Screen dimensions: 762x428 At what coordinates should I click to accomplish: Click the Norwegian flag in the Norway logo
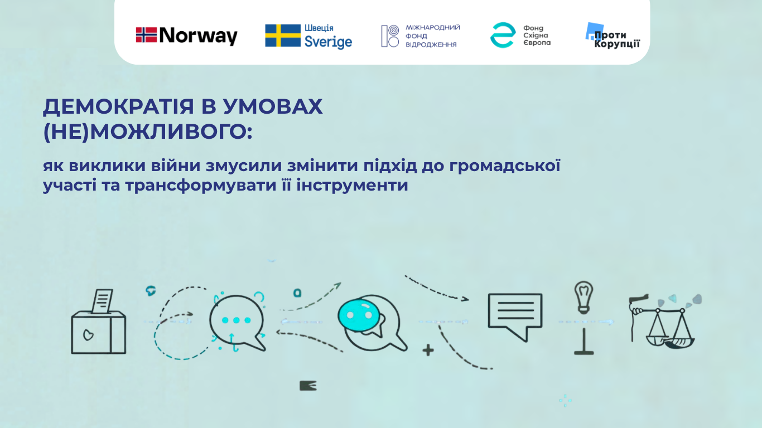pyautogui.click(x=146, y=35)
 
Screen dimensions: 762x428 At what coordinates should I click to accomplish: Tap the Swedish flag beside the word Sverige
pyautogui.click(x=283, y=35)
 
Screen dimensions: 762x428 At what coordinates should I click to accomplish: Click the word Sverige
pyautogui.click(x=328, y=42)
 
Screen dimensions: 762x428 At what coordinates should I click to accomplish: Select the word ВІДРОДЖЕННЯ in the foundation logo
pyautogui.click(x=431, y=45)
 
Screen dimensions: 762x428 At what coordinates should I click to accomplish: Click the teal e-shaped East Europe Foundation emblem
pyautogui.click(x=503, y=35)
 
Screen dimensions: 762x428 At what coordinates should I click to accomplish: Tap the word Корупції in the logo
pyautogui.click(x=617, y=44)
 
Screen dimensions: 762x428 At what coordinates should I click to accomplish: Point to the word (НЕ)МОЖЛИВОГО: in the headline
pyautogui.click(x=148, y=132)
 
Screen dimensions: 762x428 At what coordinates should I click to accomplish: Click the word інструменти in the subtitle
pyautogui.click(x=352, y=185)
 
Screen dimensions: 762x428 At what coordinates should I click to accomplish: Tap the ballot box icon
pyautogui.click(x=99, y=322)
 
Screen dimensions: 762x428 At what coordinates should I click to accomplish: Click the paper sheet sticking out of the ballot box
pyautogui.click(x=102, y=301)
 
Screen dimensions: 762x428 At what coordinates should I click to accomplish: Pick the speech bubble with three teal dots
pyautogui.click(x=237, y=323)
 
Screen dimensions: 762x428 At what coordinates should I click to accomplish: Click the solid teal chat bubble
pyautogui.click(x=359, y=315)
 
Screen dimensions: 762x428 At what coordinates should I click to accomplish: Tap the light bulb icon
pyautogui.click(x=583, y=297)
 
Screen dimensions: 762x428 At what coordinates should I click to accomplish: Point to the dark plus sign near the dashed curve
pyautogui.click(x=428, y=350)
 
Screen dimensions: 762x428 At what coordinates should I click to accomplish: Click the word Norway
pyautogui.click(x=198, y=36)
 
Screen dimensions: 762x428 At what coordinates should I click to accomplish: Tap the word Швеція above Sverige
pyautogui.click(x=319, y=28)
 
